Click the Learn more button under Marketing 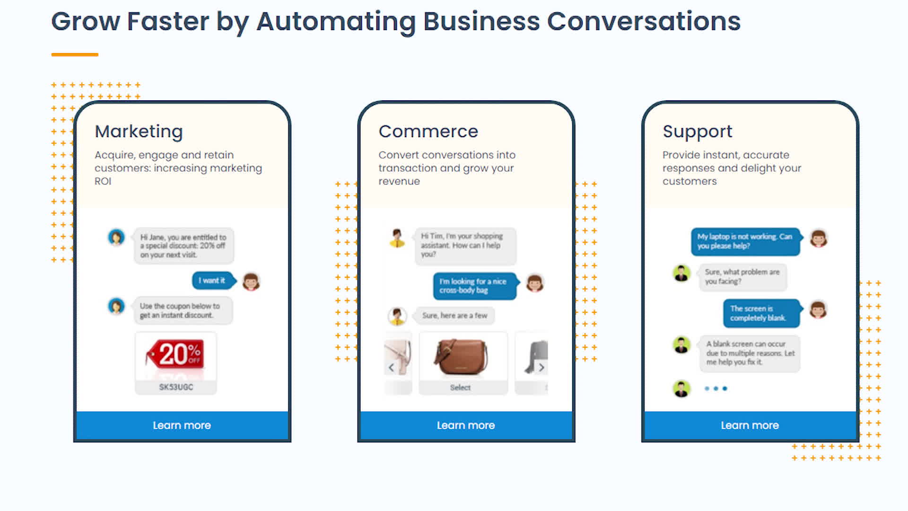[x=182, y=425]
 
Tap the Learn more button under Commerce [x=466, y=425]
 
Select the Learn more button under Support [x=750, y=425]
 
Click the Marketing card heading [x=139, y=131]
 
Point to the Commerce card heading [x=428, y=131]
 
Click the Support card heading [x=697, y=131]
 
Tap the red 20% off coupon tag [x=176, y=354]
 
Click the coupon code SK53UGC [x=176, y=387]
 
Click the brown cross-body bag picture [x=461, y=357]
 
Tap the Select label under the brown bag [x=460, y=388]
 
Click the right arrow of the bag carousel [x=541, y=368]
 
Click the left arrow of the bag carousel [x=391, y=368]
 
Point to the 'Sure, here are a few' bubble [x=454, y=316]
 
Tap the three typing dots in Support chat [x=716, y=388]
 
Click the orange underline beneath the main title [x=75, y=55]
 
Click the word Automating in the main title [x=336, y=21]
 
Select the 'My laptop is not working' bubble [x=745, y=241]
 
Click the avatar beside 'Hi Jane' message [x=116, y=237]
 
